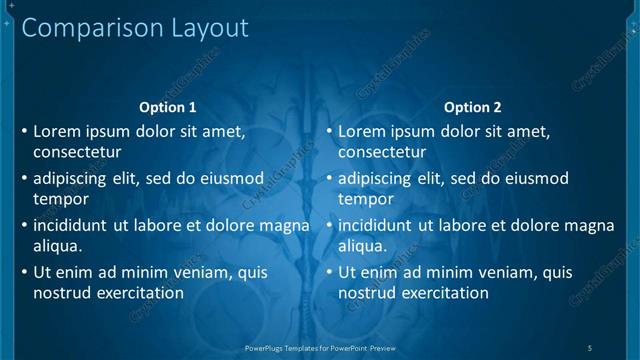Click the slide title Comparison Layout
pos(135,28)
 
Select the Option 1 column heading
pos(168,107)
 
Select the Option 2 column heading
pos(473,107)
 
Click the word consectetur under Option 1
pos(77,153)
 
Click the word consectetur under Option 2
pos(382,153)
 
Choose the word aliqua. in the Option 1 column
pos(58,246)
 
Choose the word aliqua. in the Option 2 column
pos(363,246)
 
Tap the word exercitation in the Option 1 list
pos(136,293)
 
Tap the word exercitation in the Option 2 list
pos(441,293)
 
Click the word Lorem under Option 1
pos(57,131)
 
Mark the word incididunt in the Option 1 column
pos(71,225)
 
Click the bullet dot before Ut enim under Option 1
pos(25,272)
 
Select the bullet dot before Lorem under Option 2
pos(330,131)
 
